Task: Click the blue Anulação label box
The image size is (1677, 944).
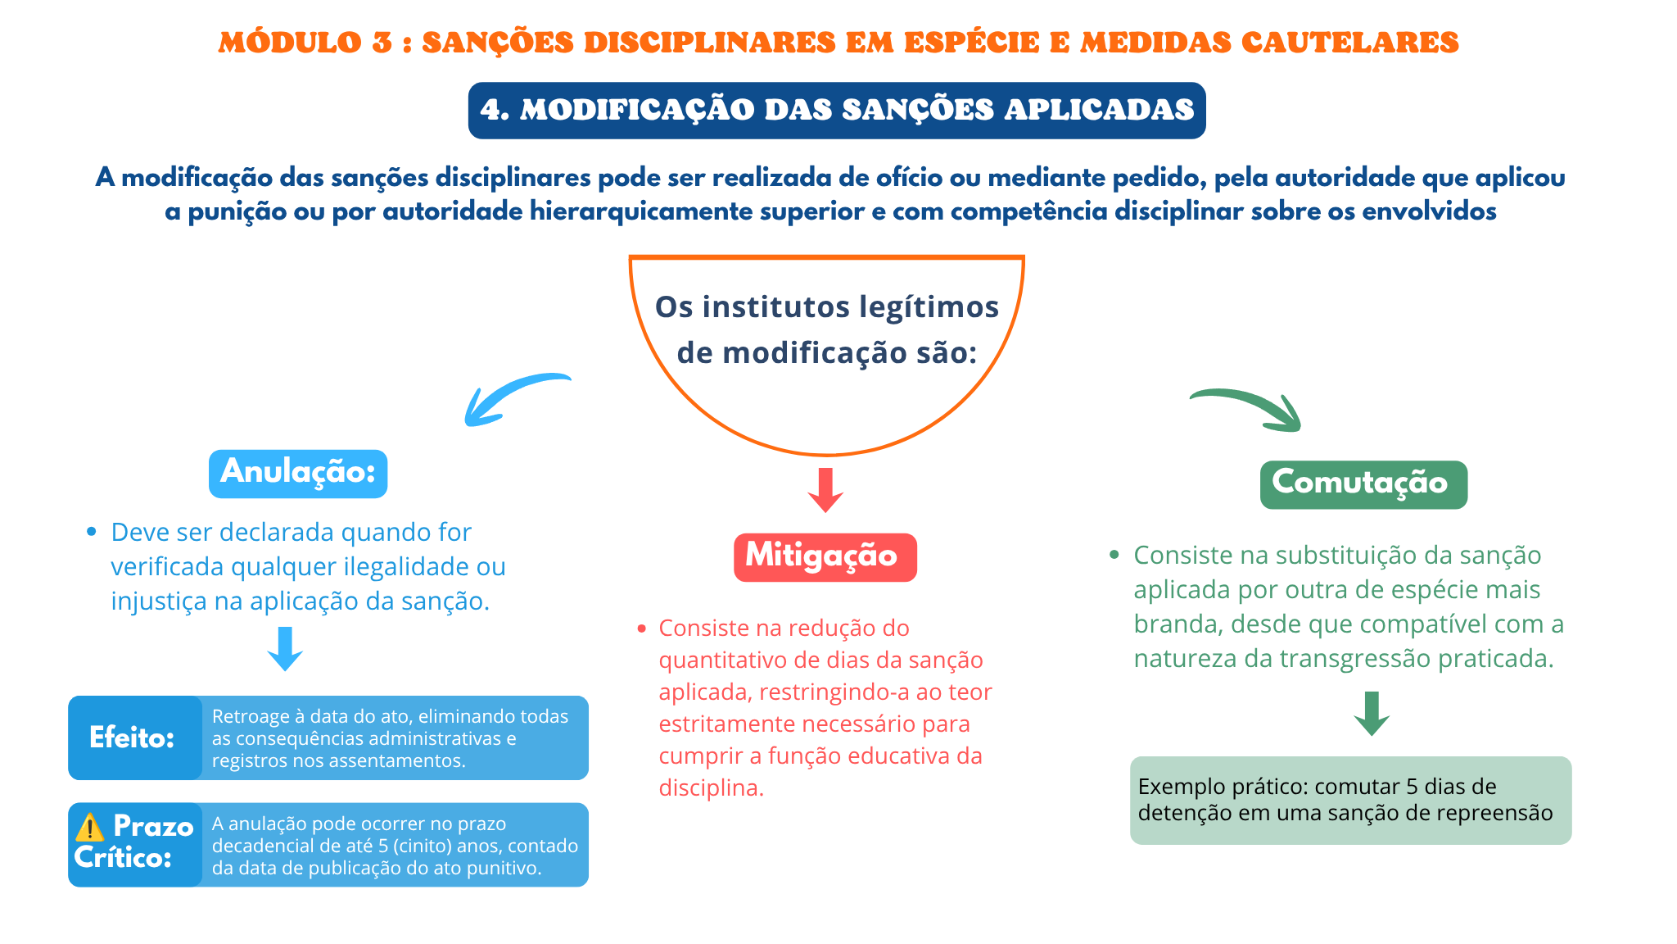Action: (x=298, y=474)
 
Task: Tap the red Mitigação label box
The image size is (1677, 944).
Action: (x=825, y=557)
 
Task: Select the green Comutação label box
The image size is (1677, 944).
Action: (x=1363, y=484)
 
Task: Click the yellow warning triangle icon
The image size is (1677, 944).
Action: (x=89, y=827)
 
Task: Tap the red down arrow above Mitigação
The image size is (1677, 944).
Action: (x=825, y=490)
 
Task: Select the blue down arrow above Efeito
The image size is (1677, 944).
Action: (x=285, y=649)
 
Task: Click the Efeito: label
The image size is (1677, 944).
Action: (x=132, y=737)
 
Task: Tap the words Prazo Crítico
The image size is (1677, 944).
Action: (x=134, y=842)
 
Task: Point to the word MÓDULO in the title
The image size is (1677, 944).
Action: (x=290, y=43)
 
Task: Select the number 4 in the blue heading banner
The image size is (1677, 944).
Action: (x=490, y=110)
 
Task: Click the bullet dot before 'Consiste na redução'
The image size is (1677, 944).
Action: (x=641, y=629)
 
